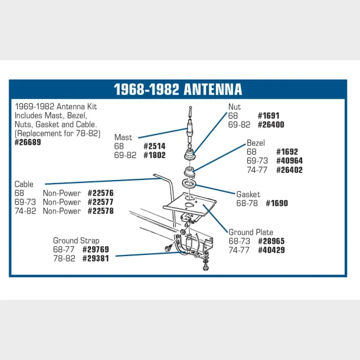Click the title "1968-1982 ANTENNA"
click(178, 89)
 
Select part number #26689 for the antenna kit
click(28, 142)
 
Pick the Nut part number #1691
click(269, 116)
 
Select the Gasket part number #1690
click(277, 203)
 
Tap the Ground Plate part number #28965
click(271, 241)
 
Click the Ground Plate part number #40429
click(271, 250)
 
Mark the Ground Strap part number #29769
click(96, 250)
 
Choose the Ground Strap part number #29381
click(96, 258)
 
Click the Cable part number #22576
click(100, 193)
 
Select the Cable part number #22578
click(100, 211)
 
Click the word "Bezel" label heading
click(256, 143)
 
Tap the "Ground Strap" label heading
click(76, 241)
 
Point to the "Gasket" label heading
click(248, 194)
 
